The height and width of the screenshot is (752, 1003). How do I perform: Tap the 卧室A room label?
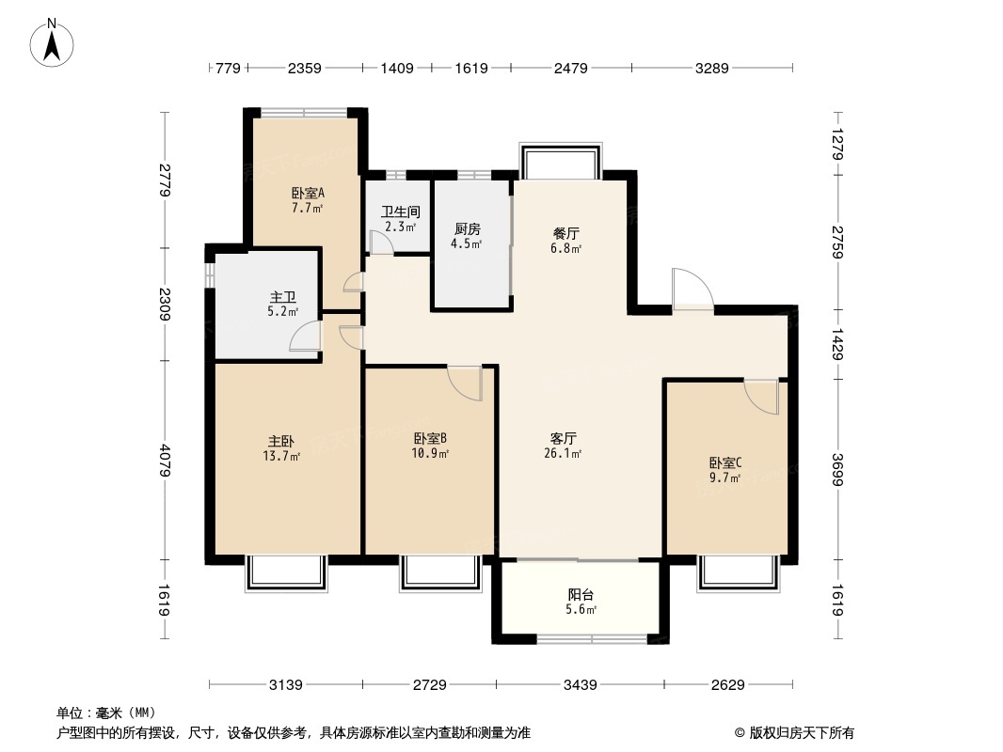click(x=307, y=194)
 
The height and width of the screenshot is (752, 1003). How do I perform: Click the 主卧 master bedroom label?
click(x=282, y=441)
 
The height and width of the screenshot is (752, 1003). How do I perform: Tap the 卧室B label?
click(x=430, y=438)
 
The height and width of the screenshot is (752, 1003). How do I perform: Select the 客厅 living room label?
click(x=564, y=438)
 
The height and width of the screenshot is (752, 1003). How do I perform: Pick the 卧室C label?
click(x=725, y=462)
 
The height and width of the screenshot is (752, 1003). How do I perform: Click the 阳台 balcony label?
click(x=581, y=595)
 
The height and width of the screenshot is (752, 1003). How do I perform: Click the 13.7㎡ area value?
click(x=282, y=457)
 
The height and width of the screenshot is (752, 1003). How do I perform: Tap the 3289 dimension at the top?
click(x=711, y=68)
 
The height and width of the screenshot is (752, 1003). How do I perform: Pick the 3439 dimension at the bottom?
click(x=580, y=685)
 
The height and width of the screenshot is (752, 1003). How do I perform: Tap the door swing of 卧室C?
click(x=762, y=396)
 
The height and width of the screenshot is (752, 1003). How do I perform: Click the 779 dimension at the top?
click(x=229, y=68)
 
